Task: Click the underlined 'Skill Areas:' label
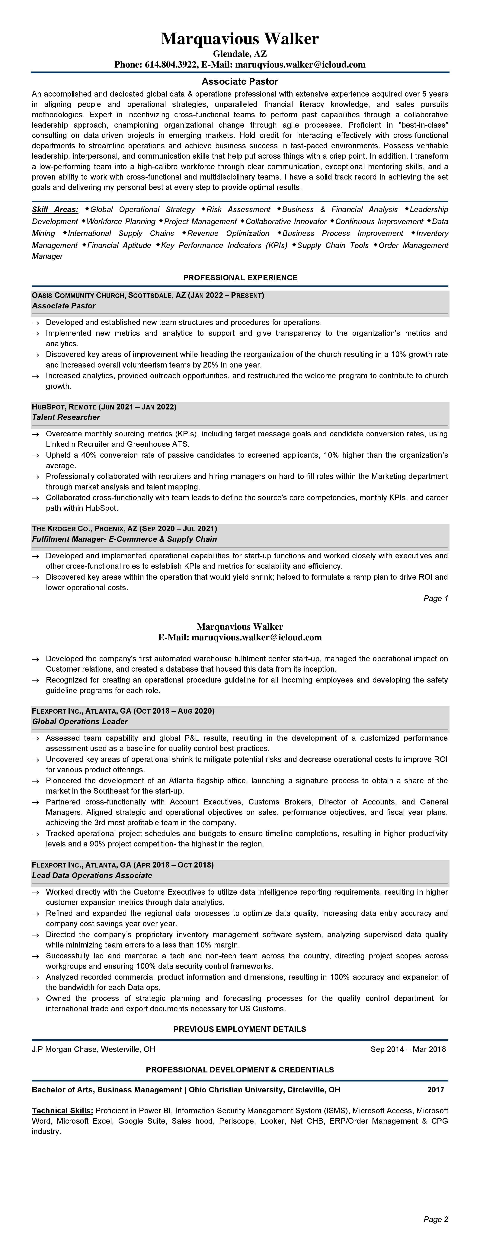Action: point(55,209)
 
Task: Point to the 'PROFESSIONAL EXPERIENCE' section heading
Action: point(240,278)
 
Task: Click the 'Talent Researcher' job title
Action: point(66,417)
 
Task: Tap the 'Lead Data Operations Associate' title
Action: point(92,875)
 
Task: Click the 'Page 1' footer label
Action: point(436,598)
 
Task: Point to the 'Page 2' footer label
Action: point(436,1219)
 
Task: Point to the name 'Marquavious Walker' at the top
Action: point(240,39)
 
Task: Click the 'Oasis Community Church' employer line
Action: point(148,295)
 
